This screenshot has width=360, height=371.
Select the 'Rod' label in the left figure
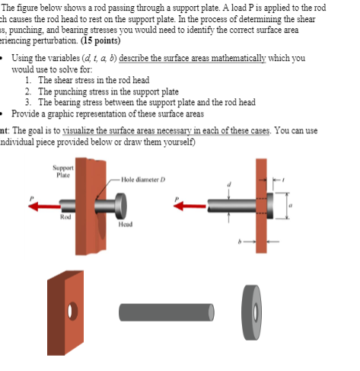point(66,217)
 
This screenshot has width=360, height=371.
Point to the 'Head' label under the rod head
point(126,224)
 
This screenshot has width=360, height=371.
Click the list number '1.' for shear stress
point(28,80)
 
